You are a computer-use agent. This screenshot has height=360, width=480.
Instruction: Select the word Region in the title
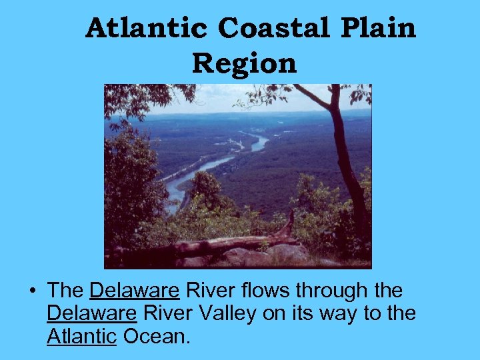(x=244, y=64)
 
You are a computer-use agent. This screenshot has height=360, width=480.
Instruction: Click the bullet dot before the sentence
(x=31, y=292)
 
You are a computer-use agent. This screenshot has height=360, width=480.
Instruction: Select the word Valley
(x=225, y=314)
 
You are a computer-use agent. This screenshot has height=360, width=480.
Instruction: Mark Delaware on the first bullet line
(x=134, y=291)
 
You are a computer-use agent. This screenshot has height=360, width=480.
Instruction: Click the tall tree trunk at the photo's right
(x=347, y=160)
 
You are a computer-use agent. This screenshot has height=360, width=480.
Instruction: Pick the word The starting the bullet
(x=65, y=291)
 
